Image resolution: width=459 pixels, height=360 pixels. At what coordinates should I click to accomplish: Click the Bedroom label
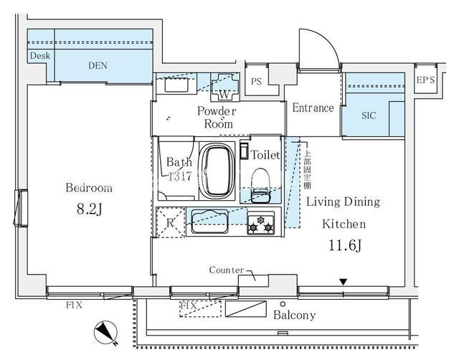(89, 188)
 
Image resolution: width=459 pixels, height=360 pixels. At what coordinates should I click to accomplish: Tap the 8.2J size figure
(89, 209)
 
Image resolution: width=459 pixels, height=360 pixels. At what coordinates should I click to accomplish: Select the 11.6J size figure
(345, 245)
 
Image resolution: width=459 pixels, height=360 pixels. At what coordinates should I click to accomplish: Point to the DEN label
(98, 65)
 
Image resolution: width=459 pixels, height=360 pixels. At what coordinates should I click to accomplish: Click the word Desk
(40, 56)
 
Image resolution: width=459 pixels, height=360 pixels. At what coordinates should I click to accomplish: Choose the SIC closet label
(369, 115)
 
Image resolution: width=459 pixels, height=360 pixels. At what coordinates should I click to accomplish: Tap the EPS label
(425, 80)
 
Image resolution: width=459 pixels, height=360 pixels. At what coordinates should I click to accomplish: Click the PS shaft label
(256, 81)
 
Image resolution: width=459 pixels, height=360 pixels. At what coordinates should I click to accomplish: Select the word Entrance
(313, 108)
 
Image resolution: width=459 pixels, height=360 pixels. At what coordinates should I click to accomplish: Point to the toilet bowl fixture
(260, 185)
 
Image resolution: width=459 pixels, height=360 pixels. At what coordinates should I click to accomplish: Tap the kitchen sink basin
(209, 222)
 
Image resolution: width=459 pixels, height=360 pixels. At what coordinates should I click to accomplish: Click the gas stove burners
(260, 224)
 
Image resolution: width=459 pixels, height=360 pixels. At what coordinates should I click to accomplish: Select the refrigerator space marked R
(171, 222)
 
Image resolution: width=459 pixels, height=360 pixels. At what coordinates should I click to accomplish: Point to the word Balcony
(295, 315)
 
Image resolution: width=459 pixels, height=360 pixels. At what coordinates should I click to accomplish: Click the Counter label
(227, 270)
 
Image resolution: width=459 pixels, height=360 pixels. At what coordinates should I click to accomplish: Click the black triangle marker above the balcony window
(344, 282)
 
